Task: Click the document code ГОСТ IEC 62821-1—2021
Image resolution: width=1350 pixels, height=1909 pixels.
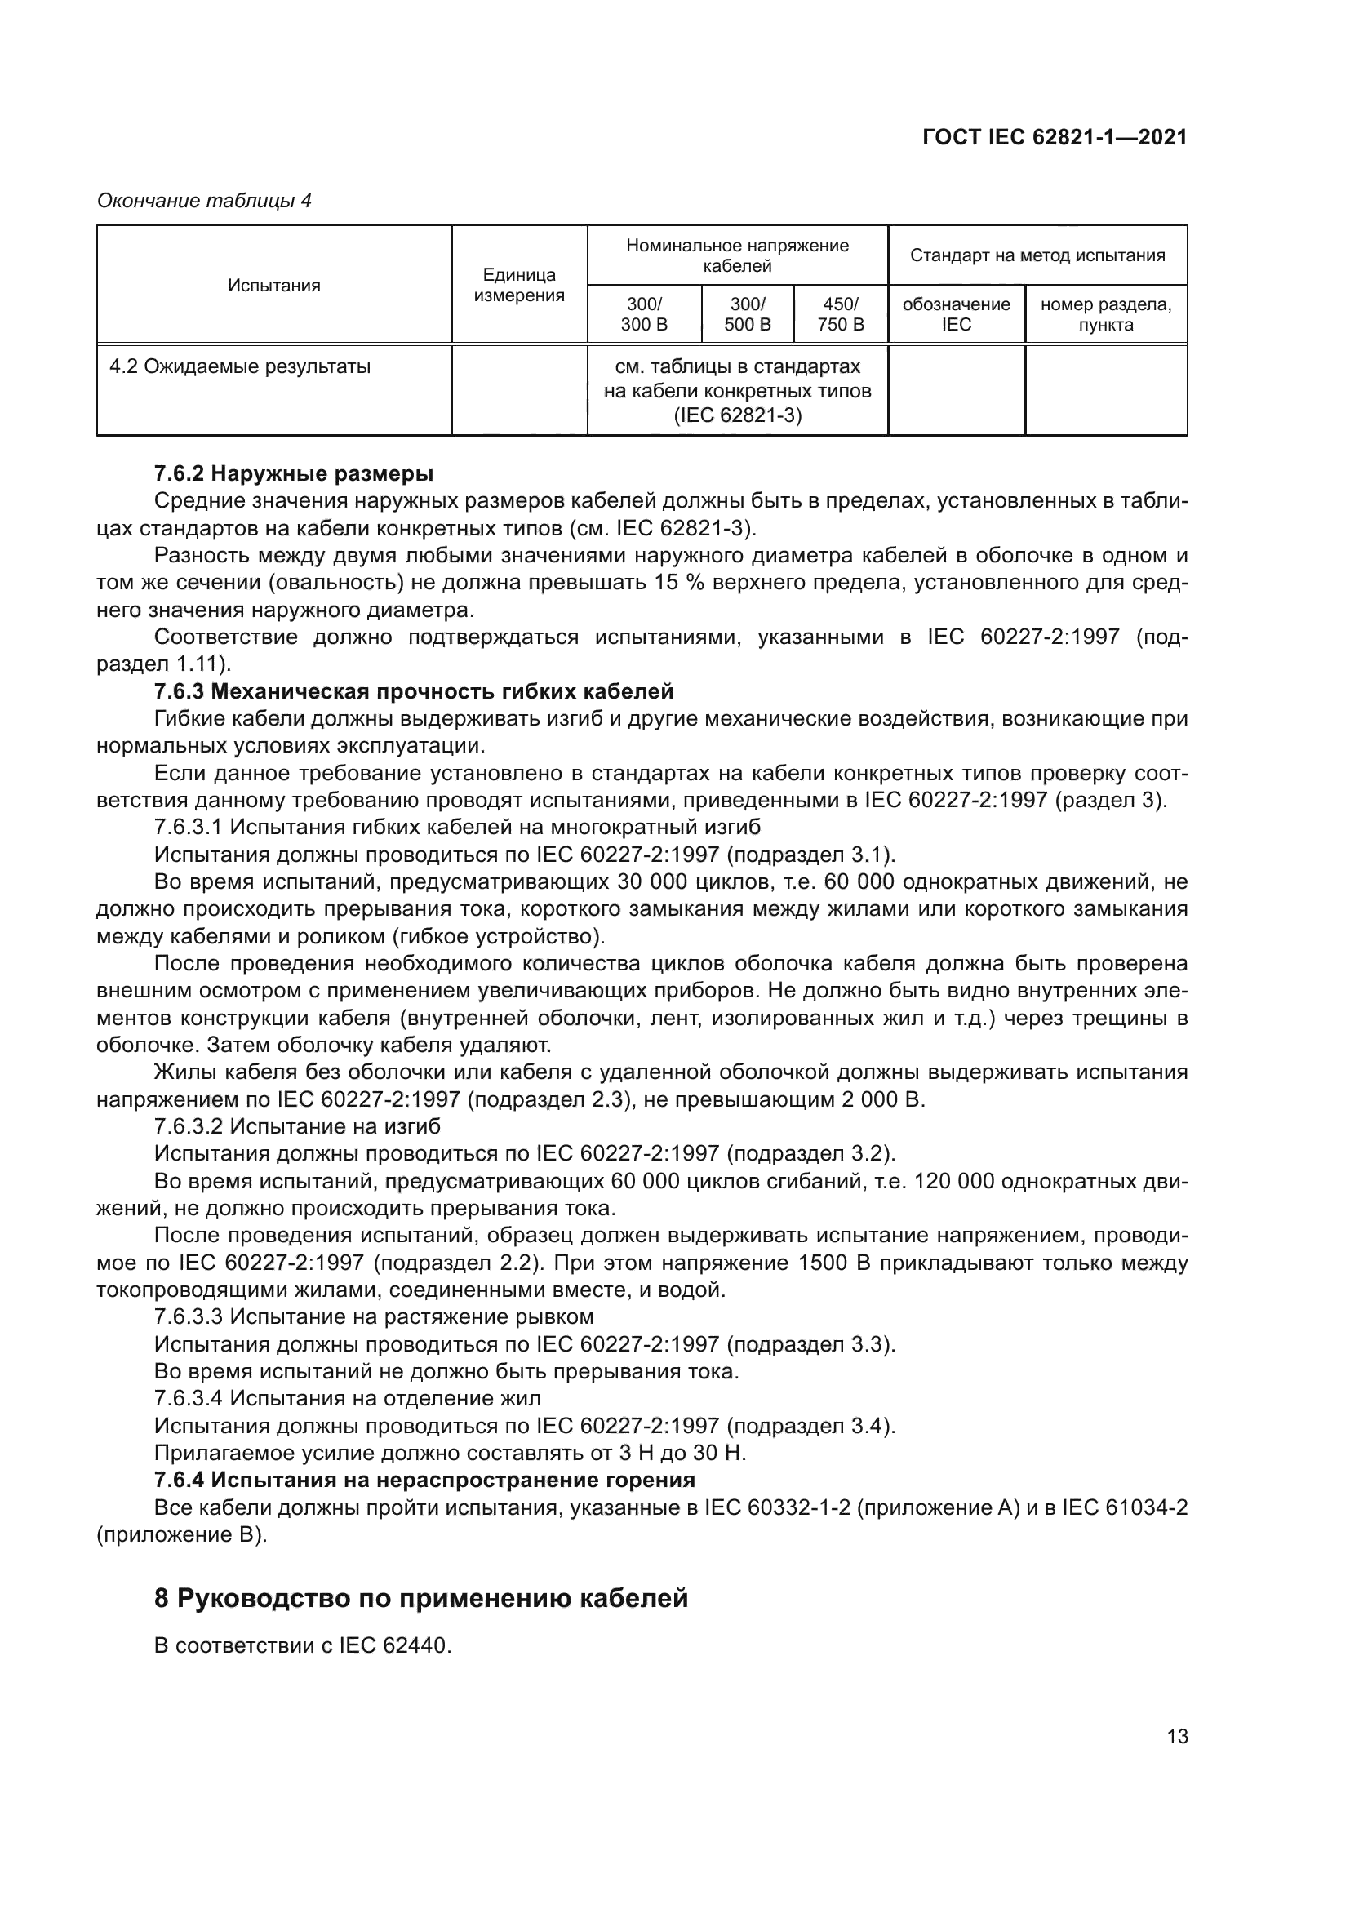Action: [1054, 138]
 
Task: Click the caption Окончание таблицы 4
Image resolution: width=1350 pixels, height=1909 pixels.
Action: [205, 201]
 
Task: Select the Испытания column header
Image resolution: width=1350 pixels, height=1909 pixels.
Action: [274, 285]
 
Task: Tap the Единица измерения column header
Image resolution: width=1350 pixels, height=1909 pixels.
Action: [519, 285]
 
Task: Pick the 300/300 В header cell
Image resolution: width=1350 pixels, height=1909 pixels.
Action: [643, 314]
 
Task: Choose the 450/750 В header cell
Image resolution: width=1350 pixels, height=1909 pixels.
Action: [841, 314]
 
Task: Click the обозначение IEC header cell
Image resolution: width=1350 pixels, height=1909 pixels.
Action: [956, 314]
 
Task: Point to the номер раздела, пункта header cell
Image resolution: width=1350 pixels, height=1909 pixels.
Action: [1106, 314]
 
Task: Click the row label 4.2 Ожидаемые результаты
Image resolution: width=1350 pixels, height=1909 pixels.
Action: [240, 366]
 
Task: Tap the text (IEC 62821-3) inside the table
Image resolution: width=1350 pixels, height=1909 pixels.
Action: [737, 415]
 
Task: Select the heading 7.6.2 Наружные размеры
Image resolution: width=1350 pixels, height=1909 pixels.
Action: [294, 474]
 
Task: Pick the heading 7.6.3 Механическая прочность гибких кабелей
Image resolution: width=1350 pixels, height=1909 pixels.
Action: [413, 691]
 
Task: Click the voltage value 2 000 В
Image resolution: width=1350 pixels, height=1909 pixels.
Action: [883, 1099]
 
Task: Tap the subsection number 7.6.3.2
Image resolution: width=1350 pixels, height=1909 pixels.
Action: [189, 1126]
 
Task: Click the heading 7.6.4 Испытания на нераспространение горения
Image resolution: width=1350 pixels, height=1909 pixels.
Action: [424, 1480]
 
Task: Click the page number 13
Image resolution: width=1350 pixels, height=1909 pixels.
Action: [1177, 1736]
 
